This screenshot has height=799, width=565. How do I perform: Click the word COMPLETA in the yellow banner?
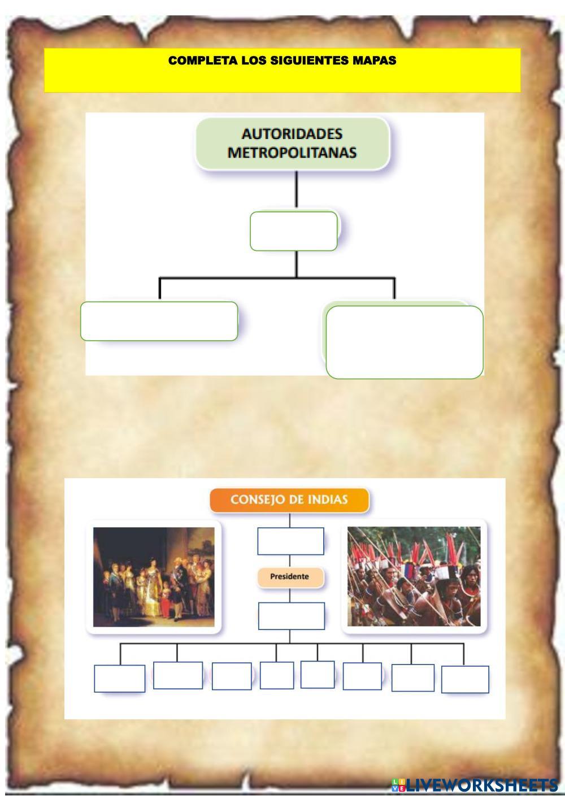point(190,60)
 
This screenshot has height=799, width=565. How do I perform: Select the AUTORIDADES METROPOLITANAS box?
point(292,143)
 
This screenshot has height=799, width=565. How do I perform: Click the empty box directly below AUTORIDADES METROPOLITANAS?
point(294,231)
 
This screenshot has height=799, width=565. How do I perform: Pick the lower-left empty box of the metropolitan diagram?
point(159,321)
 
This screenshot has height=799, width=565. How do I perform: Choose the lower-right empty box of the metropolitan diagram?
point(405,342)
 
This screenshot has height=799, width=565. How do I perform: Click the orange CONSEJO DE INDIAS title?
point(289,500)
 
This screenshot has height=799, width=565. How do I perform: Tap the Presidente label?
point(290,577)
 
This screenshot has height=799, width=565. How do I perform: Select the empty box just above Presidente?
point(290,541)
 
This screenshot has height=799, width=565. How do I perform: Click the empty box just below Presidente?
point(291,616)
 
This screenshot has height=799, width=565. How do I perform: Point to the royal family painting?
point(154,576)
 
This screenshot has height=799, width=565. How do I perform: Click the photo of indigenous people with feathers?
point(414,576)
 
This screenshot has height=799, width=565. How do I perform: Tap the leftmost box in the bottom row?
point(119,678)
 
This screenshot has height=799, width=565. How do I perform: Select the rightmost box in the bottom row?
point(465,679)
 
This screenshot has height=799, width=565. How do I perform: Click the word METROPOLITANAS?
point(292,153)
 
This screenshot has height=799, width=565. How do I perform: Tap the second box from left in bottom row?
point(177,675)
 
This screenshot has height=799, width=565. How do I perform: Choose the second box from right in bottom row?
point(412,678)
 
